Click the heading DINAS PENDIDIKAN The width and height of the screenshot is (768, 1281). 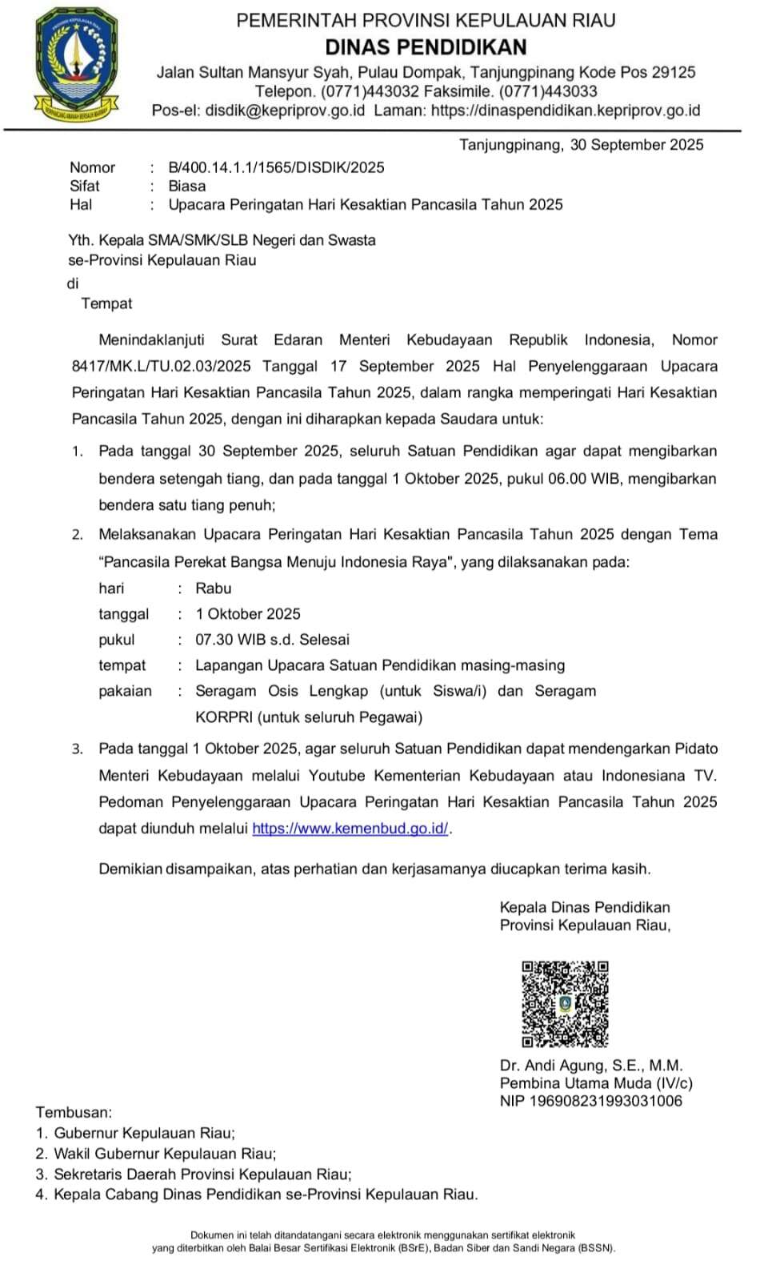426,46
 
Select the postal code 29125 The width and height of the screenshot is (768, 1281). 673,72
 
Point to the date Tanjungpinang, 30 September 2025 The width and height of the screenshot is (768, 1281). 581,145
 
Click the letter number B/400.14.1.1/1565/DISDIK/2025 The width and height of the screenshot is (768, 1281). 276,167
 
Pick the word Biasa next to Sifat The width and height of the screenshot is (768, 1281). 186,186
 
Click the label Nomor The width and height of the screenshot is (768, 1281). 92,167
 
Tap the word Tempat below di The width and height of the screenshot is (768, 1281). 106,303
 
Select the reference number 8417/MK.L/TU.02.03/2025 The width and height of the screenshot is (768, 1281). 161,366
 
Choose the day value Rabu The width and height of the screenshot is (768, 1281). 213,588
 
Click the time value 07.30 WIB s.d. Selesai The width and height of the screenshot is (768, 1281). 272,640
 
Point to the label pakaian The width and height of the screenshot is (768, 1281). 125,691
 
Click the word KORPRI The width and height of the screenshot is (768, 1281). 224,717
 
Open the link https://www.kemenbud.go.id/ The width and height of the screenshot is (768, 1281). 350,829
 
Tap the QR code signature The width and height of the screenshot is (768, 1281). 565,1004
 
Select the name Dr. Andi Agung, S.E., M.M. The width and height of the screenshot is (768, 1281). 590,1066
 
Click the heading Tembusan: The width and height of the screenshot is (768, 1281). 74,1112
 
